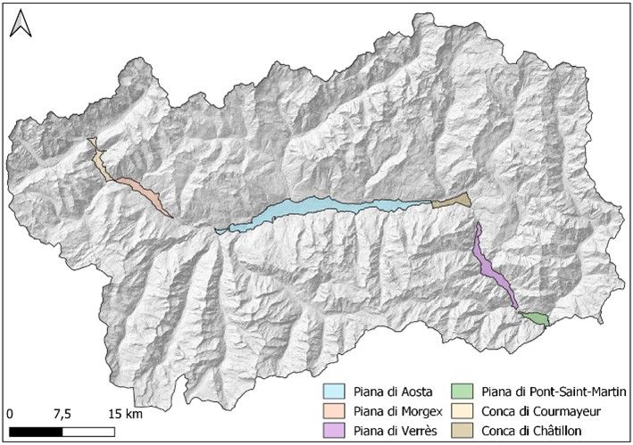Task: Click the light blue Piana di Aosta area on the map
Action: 321,211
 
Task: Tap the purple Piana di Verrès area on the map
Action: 490,268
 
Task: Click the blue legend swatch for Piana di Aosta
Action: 333,391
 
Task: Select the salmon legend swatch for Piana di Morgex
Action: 333,411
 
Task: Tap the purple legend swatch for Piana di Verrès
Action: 333,431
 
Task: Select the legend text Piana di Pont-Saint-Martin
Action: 555,391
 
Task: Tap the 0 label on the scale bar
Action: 10,415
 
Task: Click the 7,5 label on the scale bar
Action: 62,415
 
